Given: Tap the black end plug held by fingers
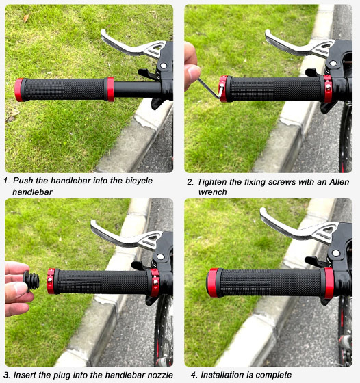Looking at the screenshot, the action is [x=31, y=281].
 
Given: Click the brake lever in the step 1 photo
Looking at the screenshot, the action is [x=132, y=46].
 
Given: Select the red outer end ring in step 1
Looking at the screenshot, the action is [x=18, y=90].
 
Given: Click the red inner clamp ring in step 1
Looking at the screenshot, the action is [x=110, y=89].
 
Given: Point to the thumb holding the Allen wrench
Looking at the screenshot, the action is [x=192, y=77].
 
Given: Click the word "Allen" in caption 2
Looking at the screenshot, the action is [x=339, y=182].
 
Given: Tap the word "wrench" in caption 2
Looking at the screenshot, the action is [x=212, y=192].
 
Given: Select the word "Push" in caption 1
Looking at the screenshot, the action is [x=23, y=181].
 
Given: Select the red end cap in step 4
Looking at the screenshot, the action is [x=212, y=282].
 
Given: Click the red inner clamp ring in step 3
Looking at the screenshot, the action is [x=155, y=282].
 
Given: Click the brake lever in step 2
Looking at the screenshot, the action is [x=298, y=44].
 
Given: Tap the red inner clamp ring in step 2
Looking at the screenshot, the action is [x=328, y=88].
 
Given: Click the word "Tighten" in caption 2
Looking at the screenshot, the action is [x=213, y=182].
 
